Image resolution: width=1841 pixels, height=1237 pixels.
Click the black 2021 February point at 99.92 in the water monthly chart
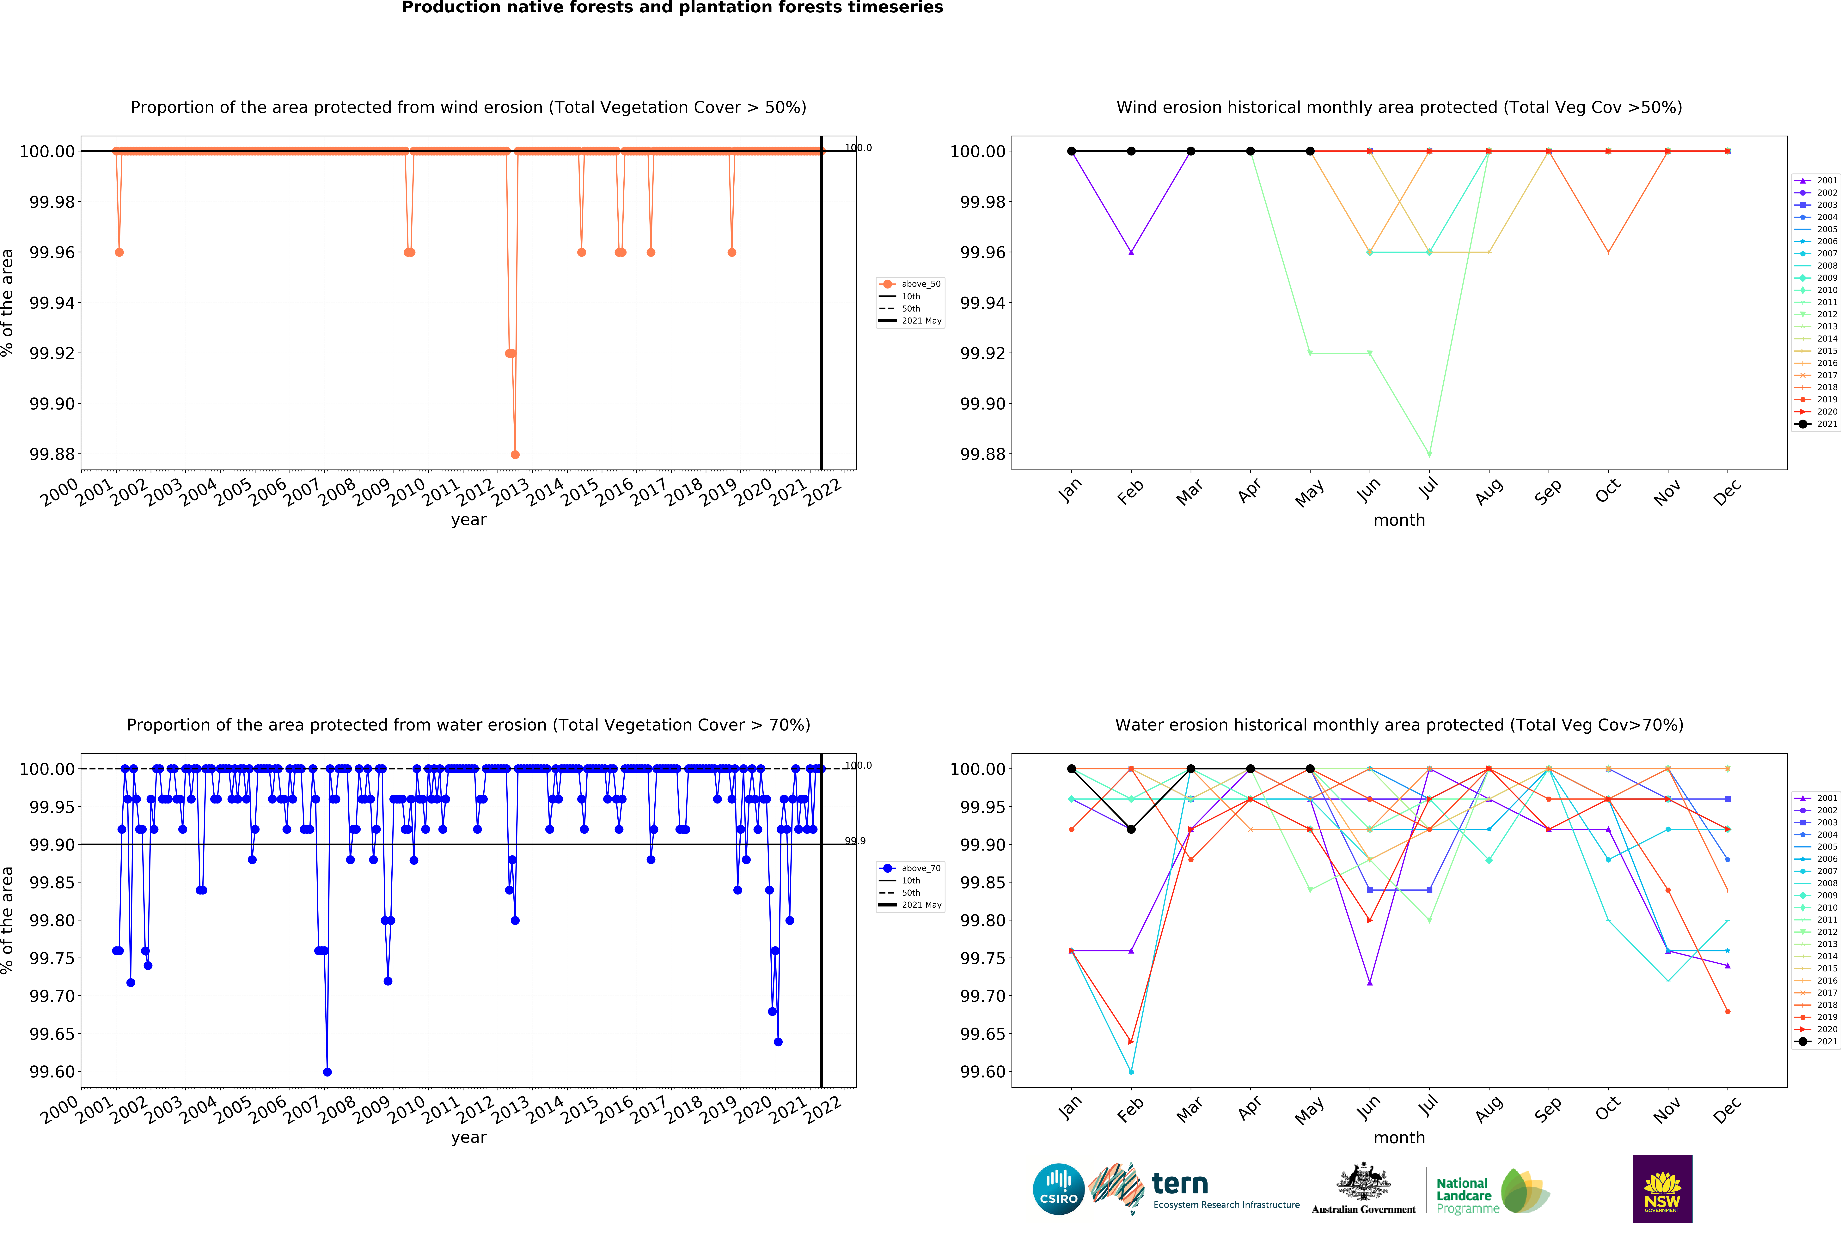click(x=1131, y=829)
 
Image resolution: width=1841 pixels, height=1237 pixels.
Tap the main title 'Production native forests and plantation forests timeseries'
click(x=672, y=8)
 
